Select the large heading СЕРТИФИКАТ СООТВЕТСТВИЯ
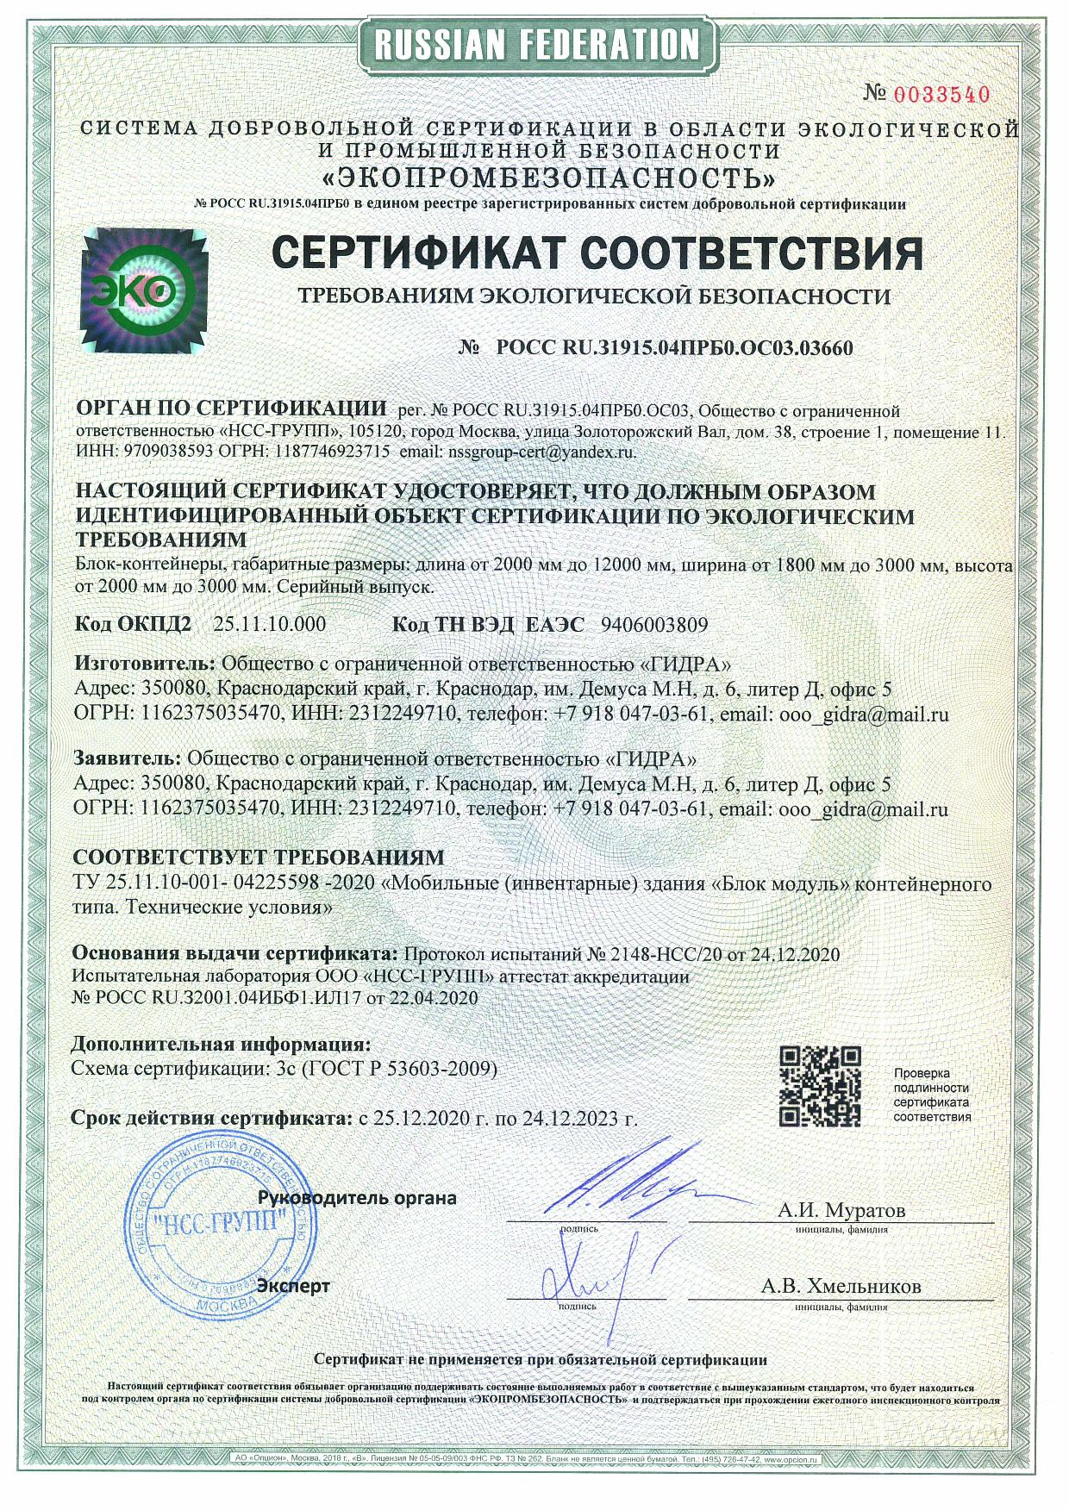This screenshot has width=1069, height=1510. click(597, 253)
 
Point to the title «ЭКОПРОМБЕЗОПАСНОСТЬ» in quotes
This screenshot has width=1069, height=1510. click(548, 178)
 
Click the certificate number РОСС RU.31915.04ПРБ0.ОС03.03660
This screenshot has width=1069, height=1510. click(674, 349)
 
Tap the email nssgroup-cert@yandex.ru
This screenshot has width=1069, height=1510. click(539, 451)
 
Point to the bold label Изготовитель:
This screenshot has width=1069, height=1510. click(145, 665)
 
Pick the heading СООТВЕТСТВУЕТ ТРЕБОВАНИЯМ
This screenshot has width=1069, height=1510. click(259, 858)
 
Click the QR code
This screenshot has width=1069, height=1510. click(820, 1088)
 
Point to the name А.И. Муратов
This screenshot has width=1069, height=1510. click(841, 1210)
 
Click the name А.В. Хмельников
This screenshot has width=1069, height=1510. click(841, 1287)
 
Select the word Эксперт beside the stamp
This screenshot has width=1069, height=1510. click(294, 1286)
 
